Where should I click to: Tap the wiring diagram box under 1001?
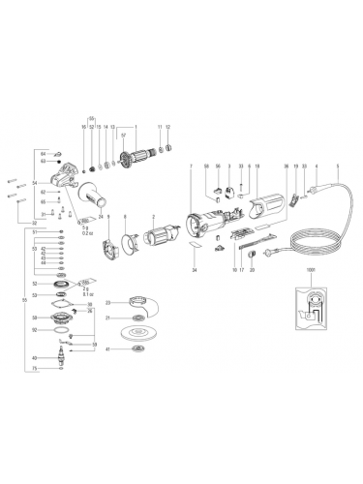(x=312, y=310)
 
